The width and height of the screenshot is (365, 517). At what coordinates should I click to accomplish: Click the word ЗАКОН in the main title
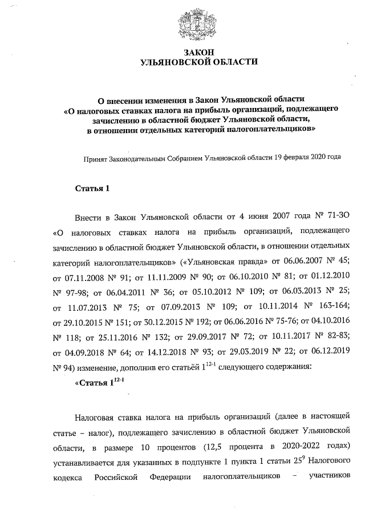click(198, 52)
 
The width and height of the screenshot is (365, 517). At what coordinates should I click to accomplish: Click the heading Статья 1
click(92, 189)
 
